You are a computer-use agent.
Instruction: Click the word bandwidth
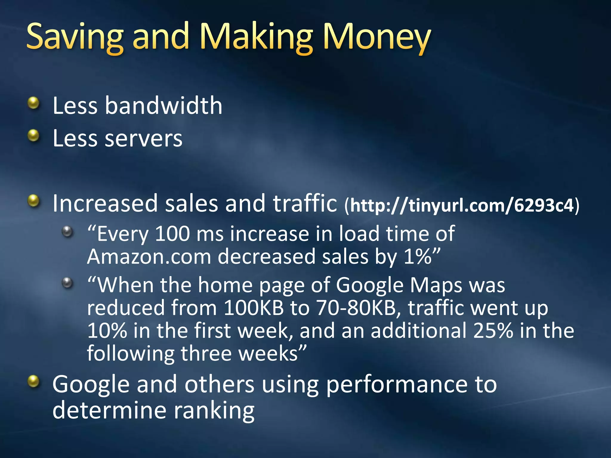point(163,106)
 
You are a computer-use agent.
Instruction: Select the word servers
point(143,139)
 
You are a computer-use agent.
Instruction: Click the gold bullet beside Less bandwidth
point(33,103)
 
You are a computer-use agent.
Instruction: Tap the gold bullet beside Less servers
point(33,136)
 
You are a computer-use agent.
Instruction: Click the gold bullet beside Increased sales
point(33,201)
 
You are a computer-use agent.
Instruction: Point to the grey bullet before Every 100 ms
point(67,232)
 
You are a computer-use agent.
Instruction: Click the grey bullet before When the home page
point(67,283)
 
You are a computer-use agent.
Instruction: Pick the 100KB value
point(254,308)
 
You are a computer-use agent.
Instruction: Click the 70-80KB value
point(356,308)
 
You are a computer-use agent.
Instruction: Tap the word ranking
point(214,411)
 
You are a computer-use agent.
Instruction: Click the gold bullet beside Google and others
point(33,381)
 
